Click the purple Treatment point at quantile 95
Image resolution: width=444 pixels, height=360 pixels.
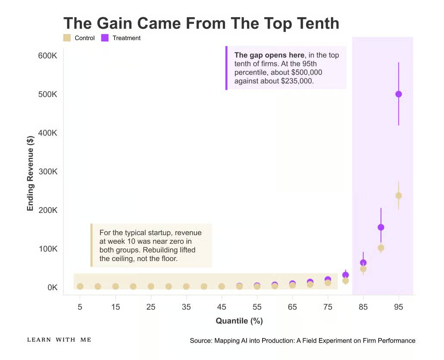(398, 94)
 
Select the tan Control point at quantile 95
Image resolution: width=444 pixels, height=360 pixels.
(398, 196)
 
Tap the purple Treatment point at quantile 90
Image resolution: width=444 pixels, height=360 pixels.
(381, 227)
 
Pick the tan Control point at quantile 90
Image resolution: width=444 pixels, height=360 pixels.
(381, 248)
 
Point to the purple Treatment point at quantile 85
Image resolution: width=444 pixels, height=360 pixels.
(363, 262)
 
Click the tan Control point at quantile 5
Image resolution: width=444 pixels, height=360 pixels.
(80, 286)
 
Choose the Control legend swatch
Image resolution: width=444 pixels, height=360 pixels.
(67, 38)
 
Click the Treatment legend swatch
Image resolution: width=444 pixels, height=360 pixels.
(105, 38)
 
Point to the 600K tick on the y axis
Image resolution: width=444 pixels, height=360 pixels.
(47, 56)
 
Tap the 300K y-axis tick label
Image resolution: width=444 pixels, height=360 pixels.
(47, 172)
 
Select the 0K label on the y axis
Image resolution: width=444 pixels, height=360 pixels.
(53, 288)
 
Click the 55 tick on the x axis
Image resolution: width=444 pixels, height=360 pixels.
(257, 307)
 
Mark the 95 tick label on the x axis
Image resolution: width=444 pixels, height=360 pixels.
(398, 307)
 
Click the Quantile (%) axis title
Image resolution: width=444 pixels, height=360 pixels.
(239, 321)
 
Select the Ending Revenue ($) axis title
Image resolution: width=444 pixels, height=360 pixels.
(30, 174)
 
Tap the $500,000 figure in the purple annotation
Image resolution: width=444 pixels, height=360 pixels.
(306, 72)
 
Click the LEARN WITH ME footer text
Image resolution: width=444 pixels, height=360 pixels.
(59, 340)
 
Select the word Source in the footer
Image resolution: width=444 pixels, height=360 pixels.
(201, 341)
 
